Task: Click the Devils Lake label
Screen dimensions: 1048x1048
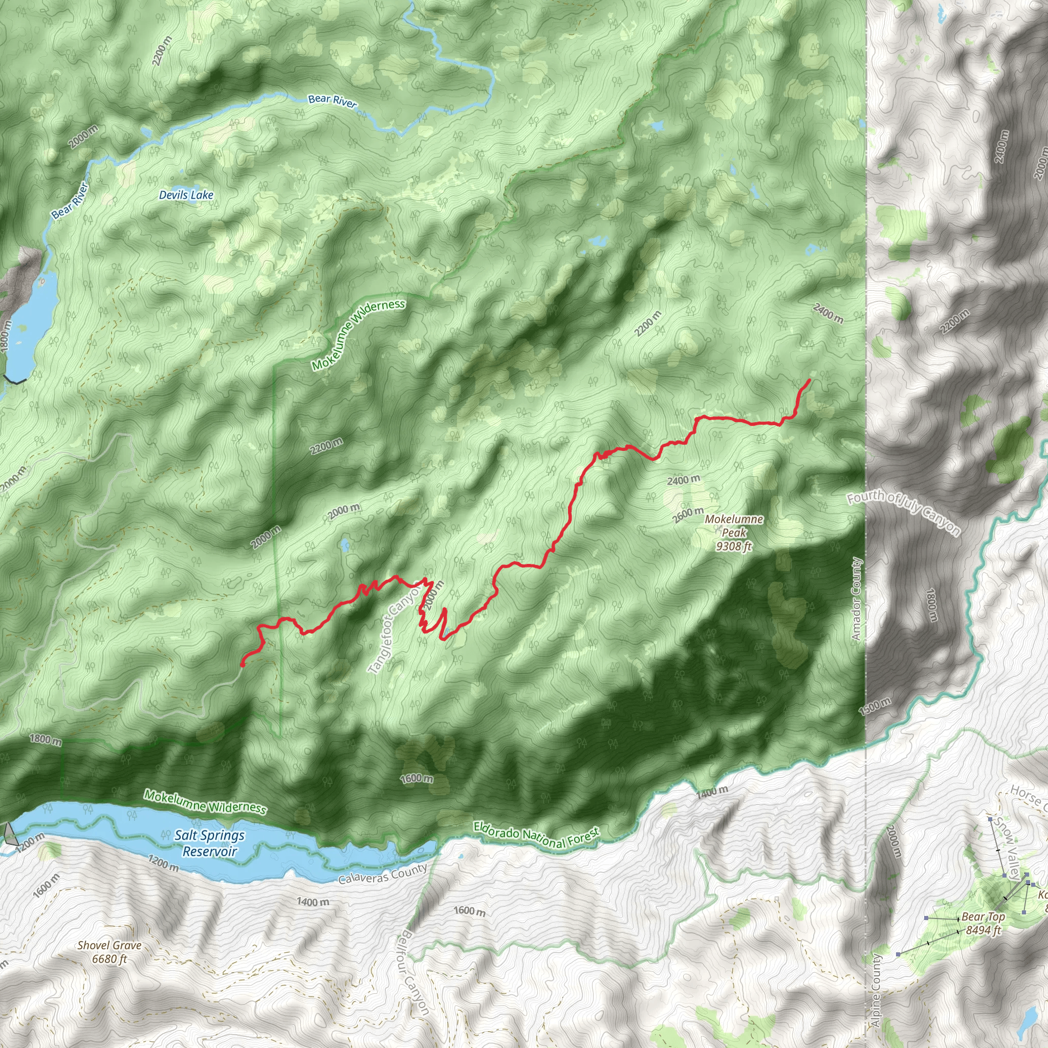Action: pos(186,195)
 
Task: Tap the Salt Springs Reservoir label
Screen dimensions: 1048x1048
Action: pos(209,843)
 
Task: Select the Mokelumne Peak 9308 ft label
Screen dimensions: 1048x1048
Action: pos(733,533)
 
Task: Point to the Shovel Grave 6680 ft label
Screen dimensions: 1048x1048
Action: pos(110,952)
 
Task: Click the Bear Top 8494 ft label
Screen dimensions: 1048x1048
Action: pos(983,923)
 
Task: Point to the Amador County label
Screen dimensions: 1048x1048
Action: pos(857,599)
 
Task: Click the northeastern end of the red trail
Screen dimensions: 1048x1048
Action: pos(810,380)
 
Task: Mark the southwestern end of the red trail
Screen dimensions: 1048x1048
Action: pos(242,665)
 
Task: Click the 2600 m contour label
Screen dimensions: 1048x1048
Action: pos(688,515)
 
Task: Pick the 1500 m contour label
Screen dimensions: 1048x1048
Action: pos(875,707)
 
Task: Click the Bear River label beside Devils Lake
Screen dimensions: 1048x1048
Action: pos(70,201)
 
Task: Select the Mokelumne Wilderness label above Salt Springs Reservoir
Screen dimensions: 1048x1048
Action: pos(205,802)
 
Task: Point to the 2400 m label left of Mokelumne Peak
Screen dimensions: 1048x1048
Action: pos(683,479)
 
